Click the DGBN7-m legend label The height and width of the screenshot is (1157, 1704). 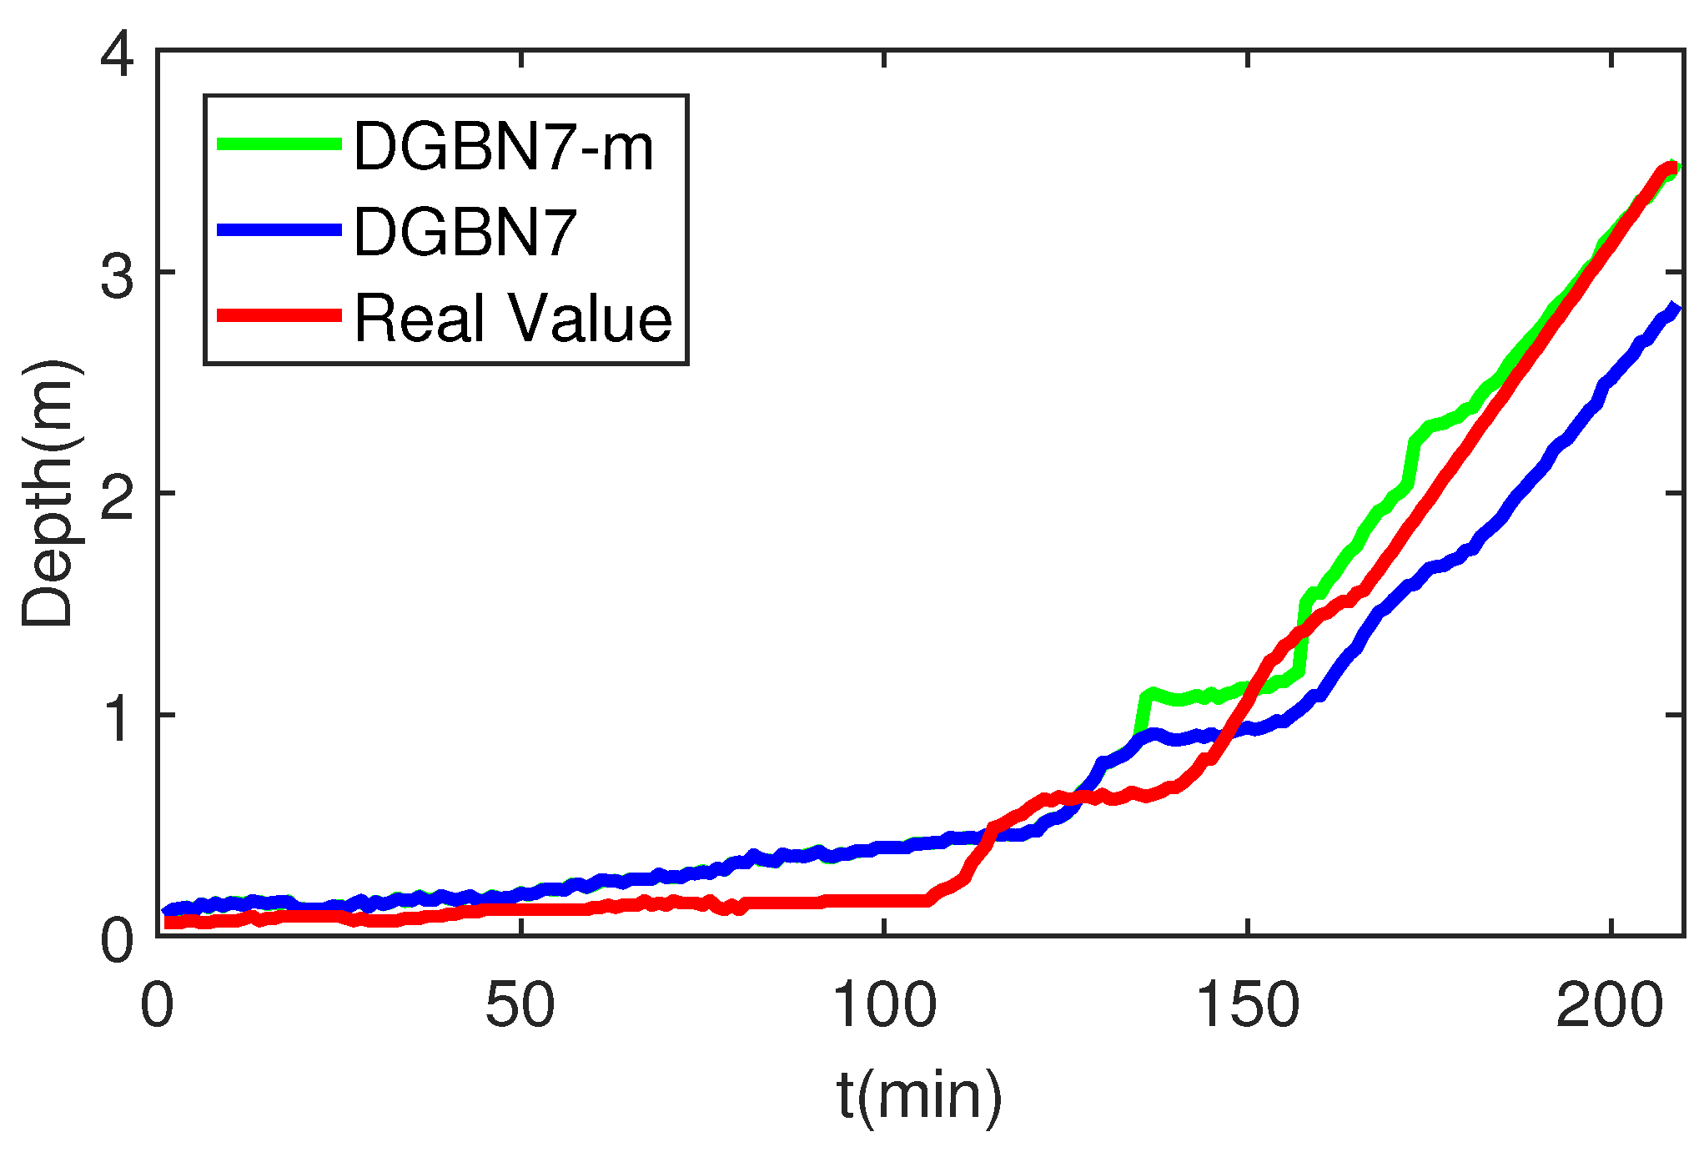(504, 148)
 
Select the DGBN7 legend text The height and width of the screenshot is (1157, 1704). (465, 232)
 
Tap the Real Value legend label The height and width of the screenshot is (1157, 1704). (513, 319)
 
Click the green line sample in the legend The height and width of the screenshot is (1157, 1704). (279, 144)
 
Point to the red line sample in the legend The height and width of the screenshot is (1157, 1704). (279, 315)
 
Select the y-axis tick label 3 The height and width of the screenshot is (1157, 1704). (116, 275)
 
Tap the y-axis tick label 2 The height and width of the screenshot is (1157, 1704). (116, 496)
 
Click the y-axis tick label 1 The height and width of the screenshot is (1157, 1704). (116, 717)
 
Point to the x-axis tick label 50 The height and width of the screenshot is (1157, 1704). (520, 1005)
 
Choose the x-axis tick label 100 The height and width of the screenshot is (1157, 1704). (884, 1005)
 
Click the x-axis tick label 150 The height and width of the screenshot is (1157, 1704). (1247, 1005)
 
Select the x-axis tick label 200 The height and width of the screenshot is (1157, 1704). (1610, 1005)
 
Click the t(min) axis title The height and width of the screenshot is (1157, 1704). (919, 1096)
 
